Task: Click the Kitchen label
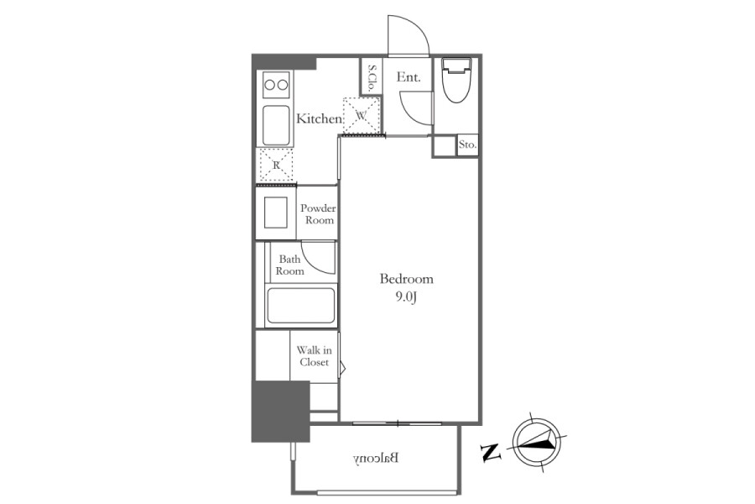[x=320, y=118]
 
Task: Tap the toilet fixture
[x=456, y=80]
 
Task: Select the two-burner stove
[x=276, y=85]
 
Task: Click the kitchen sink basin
[x=276, y=124]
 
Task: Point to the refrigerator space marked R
[x=276, y=165]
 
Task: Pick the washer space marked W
[x=361, y=115]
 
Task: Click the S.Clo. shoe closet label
[x=372, y=77]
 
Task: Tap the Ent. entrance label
[x=409, y=77]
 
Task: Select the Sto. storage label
[x=467, y=144]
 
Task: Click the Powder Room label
[x=318, y=214]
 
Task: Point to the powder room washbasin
[x=276, y=213]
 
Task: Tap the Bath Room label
[x=290, y=265]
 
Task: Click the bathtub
[x=301, y=306]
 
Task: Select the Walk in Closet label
[x=314, y=356]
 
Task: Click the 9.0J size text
[x=406, y=297]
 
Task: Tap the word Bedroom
[x=406, y=279]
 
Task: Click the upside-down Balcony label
[x=376, y=459]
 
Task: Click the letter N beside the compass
[x=491, y=452]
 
